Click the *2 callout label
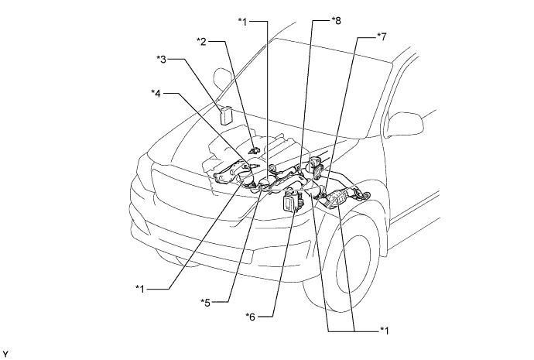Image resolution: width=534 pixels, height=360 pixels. [x=201, y=40]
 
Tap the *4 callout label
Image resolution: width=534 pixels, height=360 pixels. [x=156, y=94]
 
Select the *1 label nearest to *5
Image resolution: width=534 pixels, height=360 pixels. [x=141, y=288]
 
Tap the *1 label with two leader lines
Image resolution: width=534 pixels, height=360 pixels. [x=385, y=331]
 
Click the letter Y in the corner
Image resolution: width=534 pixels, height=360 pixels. [x=5, y=354]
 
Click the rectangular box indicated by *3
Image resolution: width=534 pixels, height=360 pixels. [x=227, y=115]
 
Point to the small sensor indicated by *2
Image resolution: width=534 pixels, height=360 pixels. [x=255, y=146]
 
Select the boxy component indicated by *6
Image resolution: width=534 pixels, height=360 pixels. [x=290, y=203]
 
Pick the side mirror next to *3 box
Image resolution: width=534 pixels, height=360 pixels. [x=221, y=79]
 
